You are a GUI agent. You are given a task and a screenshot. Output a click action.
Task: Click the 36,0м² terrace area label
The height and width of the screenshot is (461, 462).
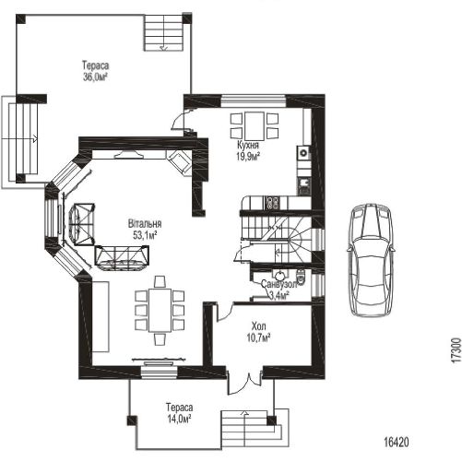coord(95,77)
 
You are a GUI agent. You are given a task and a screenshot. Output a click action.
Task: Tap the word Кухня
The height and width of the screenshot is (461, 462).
coord(248,145)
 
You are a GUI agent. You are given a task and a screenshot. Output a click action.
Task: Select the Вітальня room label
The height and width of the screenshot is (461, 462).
coord(145,223)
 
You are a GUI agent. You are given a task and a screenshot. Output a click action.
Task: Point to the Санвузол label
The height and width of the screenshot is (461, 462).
coord(279,284)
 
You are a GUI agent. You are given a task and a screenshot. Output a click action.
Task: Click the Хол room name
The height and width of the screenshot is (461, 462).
coord(258,325)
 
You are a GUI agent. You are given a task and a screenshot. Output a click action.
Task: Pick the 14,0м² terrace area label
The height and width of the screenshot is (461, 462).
coord(179,419)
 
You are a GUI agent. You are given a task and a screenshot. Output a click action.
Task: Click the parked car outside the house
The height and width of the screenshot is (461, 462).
coord(371,260)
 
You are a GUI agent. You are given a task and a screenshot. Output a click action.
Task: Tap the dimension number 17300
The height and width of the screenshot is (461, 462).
coord(456,350)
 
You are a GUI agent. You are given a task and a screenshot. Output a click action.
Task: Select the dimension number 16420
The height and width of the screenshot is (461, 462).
coord(397,443)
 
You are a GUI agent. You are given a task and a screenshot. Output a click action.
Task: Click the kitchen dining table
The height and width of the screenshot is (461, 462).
coord(255,126)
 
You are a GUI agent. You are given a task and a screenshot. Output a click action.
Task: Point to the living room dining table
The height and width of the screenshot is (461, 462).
coord(160,310)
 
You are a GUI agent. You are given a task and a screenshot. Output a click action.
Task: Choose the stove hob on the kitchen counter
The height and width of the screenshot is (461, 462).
coord(273,203)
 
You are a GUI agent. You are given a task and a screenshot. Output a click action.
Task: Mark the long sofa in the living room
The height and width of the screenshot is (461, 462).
coord(122,258)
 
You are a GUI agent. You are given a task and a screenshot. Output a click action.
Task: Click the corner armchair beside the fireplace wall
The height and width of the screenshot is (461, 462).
coord(179,162)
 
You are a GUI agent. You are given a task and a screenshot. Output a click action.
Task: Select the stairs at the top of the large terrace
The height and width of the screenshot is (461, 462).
coord(164,32)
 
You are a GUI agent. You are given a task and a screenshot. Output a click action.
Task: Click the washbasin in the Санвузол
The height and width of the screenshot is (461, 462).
coord(279,274)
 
